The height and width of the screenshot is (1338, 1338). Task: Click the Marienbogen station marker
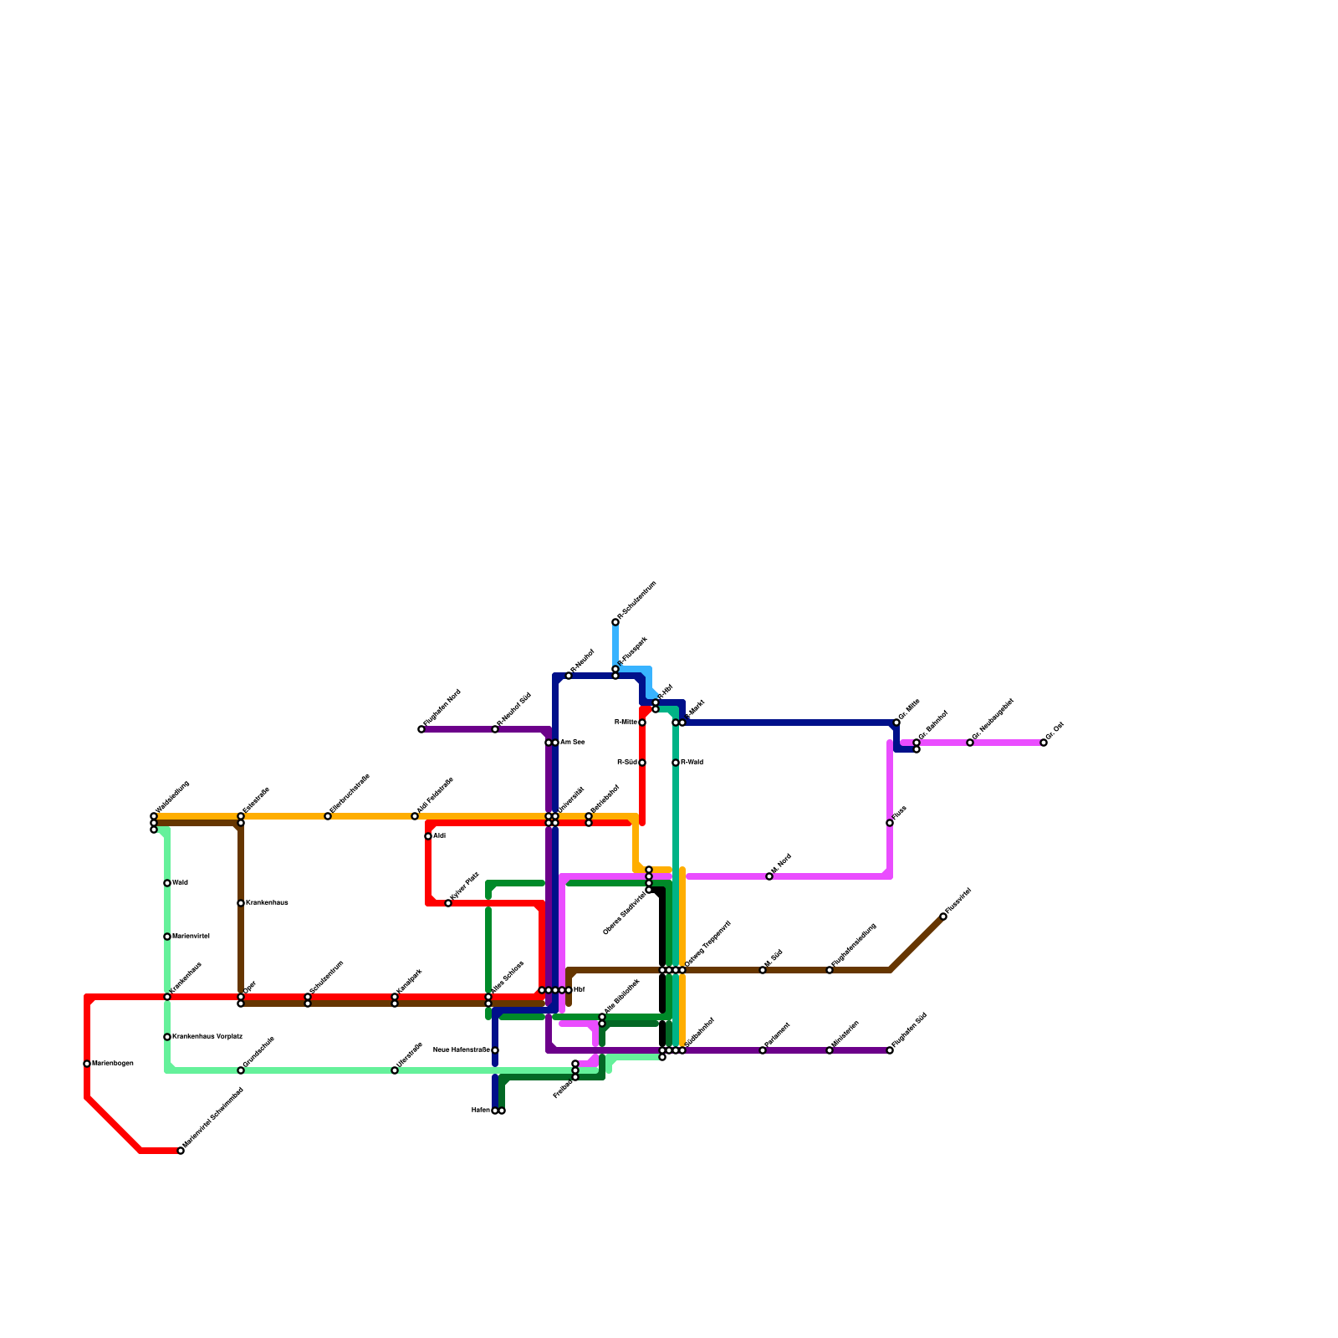pos(87,1064)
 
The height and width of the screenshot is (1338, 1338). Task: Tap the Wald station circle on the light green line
pos(167,883)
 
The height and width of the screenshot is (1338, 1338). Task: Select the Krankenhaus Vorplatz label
pos(207,1037)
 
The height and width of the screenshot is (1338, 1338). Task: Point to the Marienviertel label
pos(191,937)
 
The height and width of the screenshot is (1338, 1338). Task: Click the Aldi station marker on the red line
pos(428,836)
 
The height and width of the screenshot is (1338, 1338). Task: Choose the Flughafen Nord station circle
pos(421,729)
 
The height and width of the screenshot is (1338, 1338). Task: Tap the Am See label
pos(572,743)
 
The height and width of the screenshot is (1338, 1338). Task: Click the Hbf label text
pos(580,990)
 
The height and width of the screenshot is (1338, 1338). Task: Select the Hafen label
pos(480,1111)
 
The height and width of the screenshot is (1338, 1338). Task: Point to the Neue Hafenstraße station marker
pos(495,1050)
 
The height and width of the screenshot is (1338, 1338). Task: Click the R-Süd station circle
pos(642,763)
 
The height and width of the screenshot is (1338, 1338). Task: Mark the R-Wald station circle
pos(676,763)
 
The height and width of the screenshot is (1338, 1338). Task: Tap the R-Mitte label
pos(626,723)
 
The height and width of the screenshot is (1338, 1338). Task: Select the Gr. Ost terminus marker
pos(1044,743)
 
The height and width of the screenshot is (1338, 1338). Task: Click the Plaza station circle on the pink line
pos(890,823)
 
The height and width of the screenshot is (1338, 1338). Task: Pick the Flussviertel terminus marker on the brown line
pos(943,917)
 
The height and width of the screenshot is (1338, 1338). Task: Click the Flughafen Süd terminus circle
pos(890,1050)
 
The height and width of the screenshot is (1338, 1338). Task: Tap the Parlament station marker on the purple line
pos(763,1050)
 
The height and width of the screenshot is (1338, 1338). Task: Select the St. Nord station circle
pos(769,876)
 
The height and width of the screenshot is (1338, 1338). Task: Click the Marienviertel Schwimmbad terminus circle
pos(181,1151)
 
